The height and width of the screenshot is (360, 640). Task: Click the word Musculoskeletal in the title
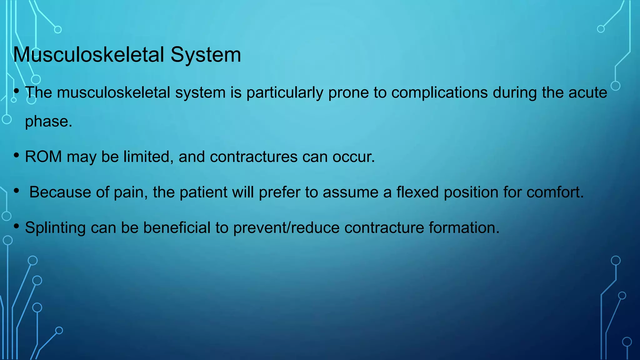pos(88,55)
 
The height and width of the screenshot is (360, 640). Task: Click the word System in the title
pos(206,55)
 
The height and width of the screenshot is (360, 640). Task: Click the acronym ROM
pos(43,157)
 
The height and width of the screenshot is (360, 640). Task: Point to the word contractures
pos(253,157)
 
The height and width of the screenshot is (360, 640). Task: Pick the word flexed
pos(417,192)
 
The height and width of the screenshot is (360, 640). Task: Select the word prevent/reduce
pos(286,227)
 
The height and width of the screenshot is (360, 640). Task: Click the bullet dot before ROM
pos(17,155)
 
